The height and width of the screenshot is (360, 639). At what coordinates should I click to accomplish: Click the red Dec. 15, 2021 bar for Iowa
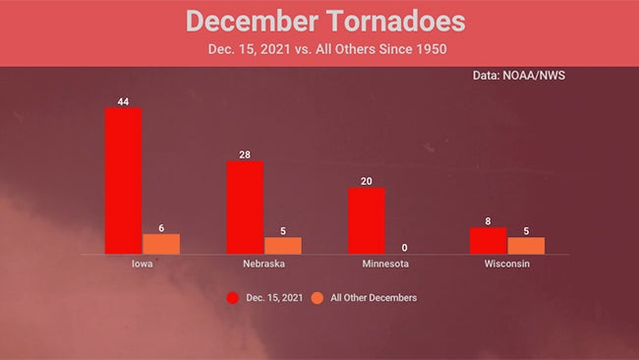click(x=123, y=181)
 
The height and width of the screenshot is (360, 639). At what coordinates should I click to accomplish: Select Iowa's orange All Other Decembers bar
click(x=161, y=244)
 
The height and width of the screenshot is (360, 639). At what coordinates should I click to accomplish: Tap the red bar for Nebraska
click(x=245, y=208)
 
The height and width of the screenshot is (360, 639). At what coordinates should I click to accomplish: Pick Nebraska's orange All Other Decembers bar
click(x=283, y=246)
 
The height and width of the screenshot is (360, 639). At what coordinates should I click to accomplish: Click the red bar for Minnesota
click(x=367, y=221)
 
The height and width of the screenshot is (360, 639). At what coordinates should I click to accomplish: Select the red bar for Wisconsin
click(x=488, y=241)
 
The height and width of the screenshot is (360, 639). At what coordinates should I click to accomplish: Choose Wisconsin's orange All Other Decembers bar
click(x=526, y=246)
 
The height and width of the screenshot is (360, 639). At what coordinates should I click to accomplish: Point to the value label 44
click(x=123, y=100)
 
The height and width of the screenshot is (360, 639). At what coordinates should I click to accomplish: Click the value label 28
click(x=245, y=153)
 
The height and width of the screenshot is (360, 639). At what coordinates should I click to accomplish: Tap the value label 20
click(x=367, y=180)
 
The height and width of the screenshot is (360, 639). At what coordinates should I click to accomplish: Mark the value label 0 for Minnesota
click(x=405, y=248)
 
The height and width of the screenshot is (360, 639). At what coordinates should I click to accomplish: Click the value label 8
click(x=488, y=220)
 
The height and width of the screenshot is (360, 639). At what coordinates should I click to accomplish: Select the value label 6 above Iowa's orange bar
click(x=161, y=227)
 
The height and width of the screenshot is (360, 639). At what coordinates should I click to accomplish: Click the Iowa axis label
click(x=142, y=265)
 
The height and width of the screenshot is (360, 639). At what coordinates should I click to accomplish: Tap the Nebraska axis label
click(x=263, y=265)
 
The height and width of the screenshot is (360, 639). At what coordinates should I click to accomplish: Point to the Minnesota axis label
click(x=384, y=265)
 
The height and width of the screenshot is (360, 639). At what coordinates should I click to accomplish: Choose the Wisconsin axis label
click(x=507, y=265)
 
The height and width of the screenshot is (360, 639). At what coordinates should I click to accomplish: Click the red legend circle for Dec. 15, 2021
click(x=234, y=297)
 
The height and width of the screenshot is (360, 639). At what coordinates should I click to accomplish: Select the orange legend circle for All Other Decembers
click(x=318, y=297)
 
